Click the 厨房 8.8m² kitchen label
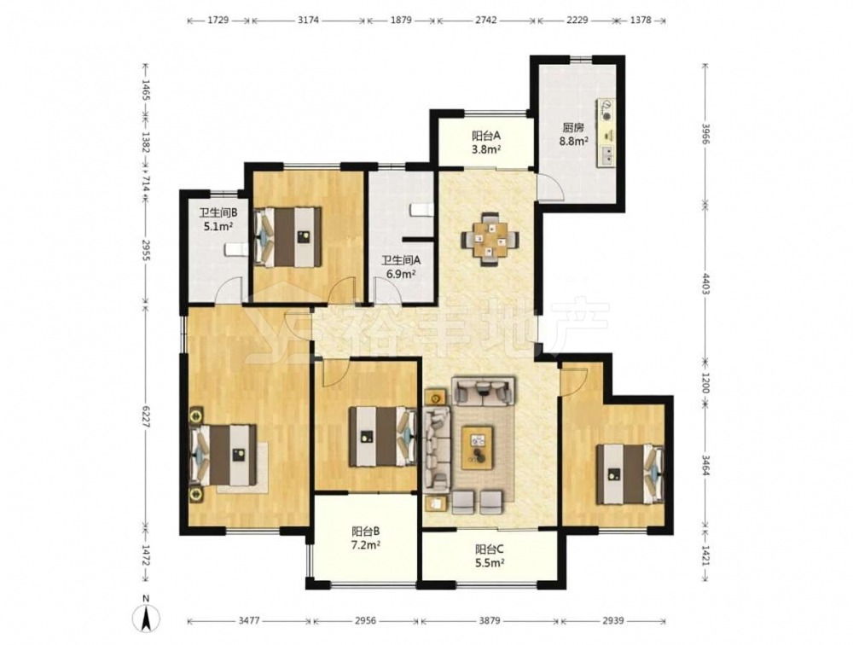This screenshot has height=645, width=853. [x=574, y=135]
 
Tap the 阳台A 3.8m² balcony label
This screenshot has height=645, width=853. [x=486, y=142]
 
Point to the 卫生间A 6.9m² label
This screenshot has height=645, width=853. [x=400, y=267]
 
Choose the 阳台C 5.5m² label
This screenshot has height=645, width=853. [x=490, y=555]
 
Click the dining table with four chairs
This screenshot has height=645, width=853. [x=490, y=239]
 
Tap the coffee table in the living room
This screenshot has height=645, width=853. [x=478, y=447]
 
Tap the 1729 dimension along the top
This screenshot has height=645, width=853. [x=218, y=20]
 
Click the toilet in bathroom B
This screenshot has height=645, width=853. [x=235, y=250]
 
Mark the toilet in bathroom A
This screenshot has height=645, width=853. [x=421, y=210]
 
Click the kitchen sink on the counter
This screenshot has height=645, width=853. [x=606, y=156]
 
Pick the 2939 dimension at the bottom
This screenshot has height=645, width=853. [x=613, y=620]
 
